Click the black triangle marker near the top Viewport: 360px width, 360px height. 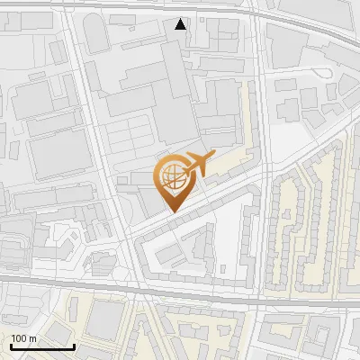pos(181,24)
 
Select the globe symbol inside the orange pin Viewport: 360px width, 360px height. pos(171,175)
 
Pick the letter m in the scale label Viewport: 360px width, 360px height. pos(33,338)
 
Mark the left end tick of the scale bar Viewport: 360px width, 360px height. pos(11,346)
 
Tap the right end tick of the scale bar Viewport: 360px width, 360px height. pos(74,346)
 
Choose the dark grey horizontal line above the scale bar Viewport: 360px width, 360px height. pos(54,282)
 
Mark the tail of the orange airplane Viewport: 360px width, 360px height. pos(183,170)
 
